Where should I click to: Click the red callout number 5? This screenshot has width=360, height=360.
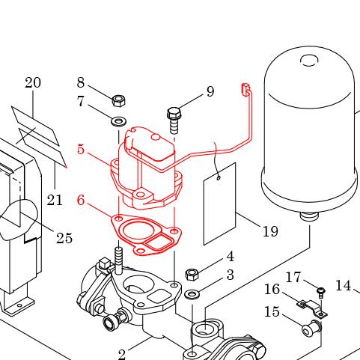(81, 149)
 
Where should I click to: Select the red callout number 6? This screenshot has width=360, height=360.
(81, 200)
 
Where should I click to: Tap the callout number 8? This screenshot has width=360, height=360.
(81, 82)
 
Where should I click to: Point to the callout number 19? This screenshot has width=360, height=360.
(270, 231)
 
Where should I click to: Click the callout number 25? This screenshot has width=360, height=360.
(64, 238)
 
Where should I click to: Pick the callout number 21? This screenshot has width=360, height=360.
(55, 200)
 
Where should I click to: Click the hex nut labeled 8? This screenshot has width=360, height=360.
(118, 100)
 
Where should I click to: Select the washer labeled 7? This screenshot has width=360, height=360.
(118, 122)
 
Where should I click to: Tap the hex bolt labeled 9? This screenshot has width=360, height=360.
(174, 120)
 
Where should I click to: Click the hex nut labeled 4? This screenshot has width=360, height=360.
(192, 274)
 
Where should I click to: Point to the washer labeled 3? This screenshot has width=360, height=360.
(192, 294)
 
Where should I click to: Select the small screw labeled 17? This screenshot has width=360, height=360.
(320, 293)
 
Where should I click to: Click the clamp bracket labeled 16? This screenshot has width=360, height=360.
(312, 309)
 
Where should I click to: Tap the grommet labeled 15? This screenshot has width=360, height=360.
(311, 329)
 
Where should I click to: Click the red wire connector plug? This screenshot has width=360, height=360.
(245, 90)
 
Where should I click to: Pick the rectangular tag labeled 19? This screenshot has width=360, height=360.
(219, 204)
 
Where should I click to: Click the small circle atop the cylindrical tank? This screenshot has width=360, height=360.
(310, 61)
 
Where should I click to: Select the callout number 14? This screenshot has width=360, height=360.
(344, 286)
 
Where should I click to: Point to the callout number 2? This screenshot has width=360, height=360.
(121, 354)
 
